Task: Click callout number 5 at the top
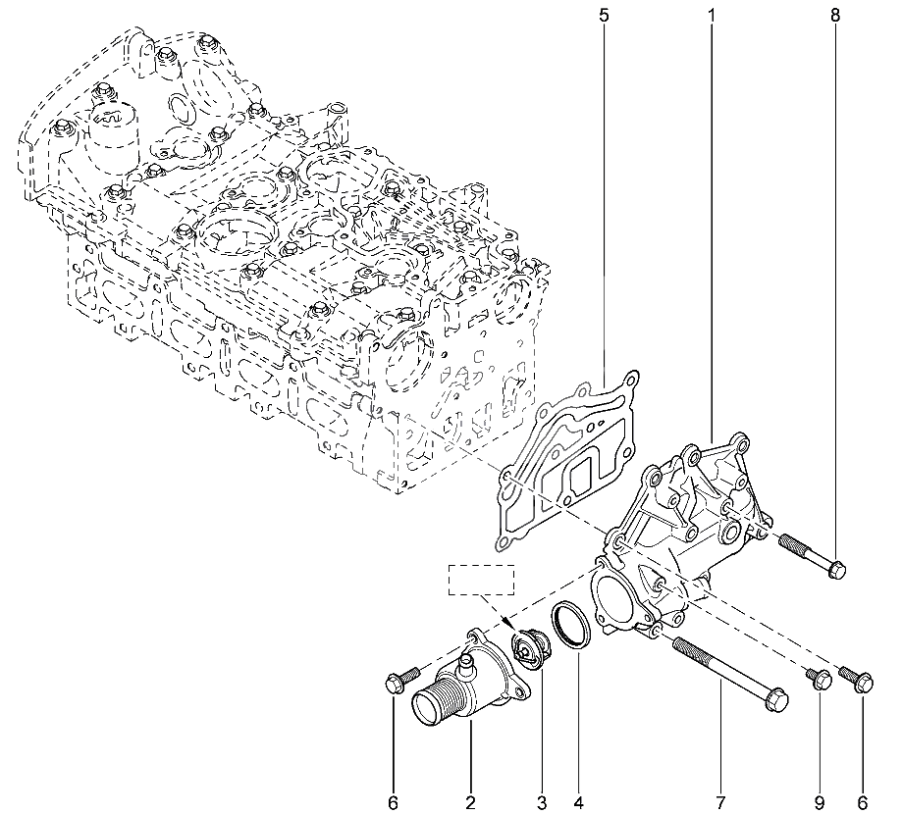(x=604, y=16)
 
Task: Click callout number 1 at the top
(x=712, y=16)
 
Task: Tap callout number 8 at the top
(x=835, y=16)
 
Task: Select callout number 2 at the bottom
(x=470, y=802)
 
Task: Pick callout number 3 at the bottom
(x=542, y=802)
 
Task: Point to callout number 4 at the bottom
(x=578, y=802)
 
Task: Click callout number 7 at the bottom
(x=720, y=802)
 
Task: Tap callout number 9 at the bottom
(x=820, y=802)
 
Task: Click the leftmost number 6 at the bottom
(x=393, y=802)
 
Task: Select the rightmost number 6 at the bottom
(x=863, y=802)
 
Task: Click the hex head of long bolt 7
(x=777, y=698)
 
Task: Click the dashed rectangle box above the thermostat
(x=482, y=580)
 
